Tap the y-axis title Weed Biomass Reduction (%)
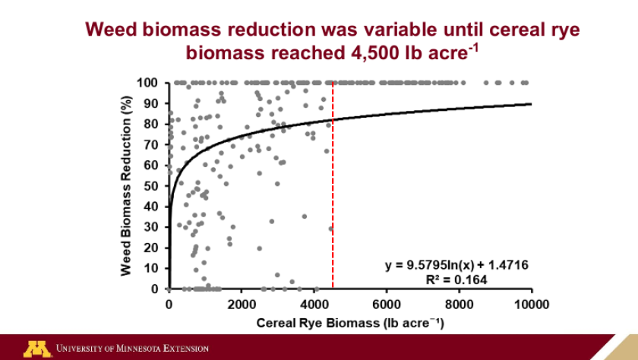coord(127,185)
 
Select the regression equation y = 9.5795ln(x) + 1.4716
coord(456,265)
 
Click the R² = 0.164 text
coord(456,279)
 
